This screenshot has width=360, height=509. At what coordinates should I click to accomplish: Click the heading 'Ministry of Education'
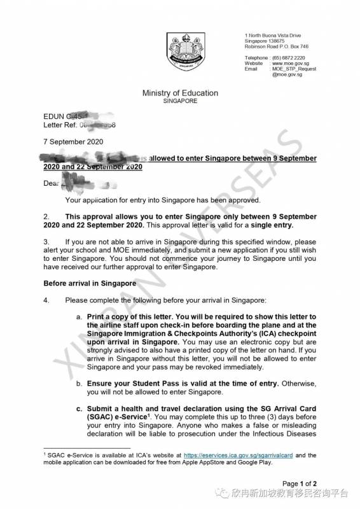(x=180, y=94)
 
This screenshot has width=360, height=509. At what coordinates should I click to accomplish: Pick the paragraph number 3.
(x=46, y=242)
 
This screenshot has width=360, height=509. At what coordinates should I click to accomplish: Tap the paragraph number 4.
(x=46, y=298)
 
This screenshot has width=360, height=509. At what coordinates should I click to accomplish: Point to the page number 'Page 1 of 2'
(x=317, y=484)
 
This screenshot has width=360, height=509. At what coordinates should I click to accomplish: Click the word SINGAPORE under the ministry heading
(x=180, y=101)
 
